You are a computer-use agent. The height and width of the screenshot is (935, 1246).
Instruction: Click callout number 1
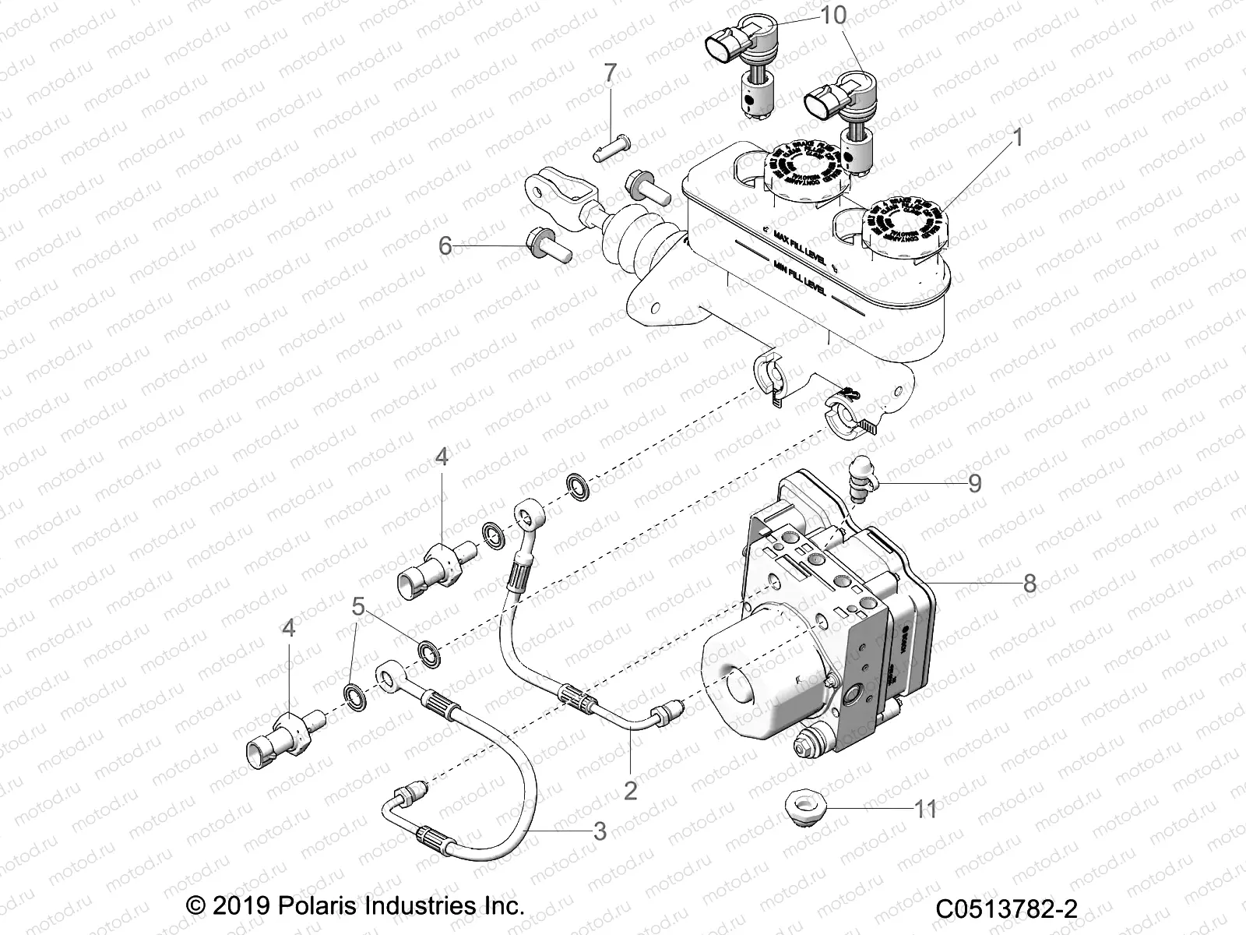[x=1016, y=138]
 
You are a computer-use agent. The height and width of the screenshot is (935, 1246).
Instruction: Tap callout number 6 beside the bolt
[x=445, y=246]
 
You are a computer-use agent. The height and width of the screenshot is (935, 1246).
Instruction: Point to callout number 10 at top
[x=833, y=15]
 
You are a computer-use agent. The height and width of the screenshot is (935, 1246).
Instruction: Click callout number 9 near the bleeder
[x=974, y=483]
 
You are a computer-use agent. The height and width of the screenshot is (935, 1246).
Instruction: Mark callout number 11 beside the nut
[x=925, y=810]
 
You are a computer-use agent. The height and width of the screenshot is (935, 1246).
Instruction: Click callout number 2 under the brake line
[x=630, y=791]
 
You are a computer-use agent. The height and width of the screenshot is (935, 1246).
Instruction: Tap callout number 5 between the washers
[x=357, y=606]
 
